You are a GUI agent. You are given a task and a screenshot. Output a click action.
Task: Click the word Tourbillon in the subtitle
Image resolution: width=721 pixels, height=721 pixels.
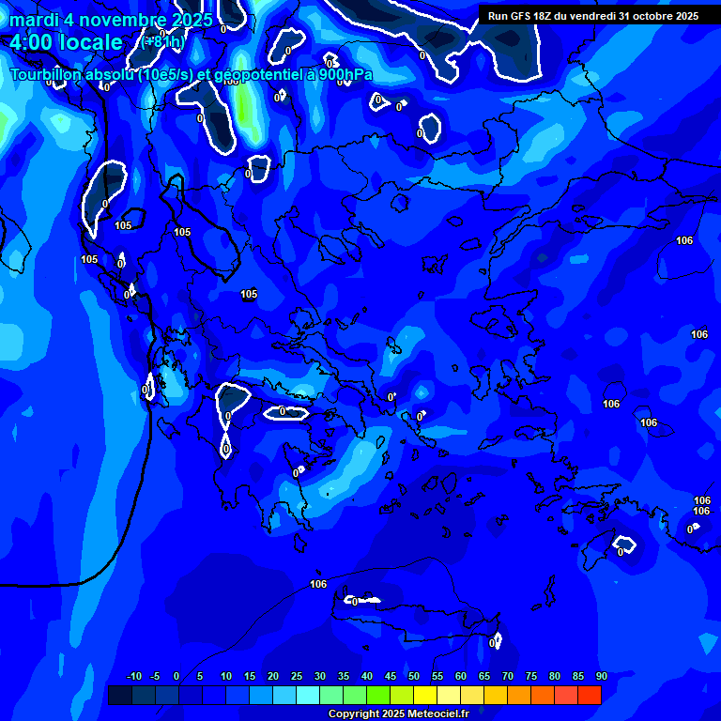tap(53, 75)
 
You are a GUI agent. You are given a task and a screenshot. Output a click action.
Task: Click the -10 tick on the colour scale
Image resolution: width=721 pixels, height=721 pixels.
tap(133, 677)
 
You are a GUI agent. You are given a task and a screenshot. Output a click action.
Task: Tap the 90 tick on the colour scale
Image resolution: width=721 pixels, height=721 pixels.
tap(601, 677)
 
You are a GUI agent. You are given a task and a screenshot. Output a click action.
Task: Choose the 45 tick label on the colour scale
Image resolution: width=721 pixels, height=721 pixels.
tap(391, 677)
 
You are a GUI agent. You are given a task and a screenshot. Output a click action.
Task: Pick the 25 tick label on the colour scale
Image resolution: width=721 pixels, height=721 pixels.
tap(297, 677)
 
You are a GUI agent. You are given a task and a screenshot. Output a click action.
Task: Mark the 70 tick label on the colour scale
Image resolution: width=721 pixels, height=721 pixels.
tap(508, 677)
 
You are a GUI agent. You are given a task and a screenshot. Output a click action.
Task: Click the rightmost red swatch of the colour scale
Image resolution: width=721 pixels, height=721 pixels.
tap(590, 695)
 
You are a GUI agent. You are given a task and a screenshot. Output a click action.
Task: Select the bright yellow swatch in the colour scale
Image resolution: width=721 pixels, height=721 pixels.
tap(425, 695)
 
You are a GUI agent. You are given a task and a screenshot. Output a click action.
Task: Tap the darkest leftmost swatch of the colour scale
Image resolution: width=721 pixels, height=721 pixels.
tap(120, 695)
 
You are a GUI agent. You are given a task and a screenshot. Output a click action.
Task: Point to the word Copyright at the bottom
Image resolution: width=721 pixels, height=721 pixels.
tap(355, 714)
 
